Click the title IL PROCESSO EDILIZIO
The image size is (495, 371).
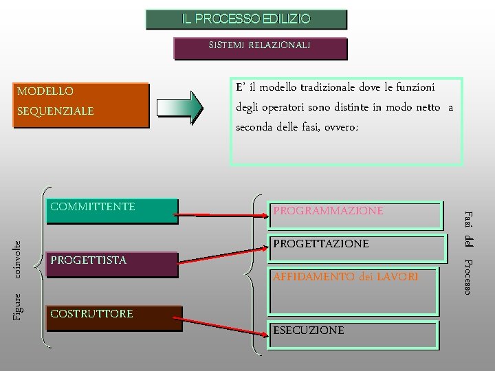[x=246, y=19]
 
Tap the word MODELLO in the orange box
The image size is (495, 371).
[x=45, y=91]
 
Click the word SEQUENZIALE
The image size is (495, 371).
[x=55, y=111]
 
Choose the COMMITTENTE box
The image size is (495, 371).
[x=111, y=211]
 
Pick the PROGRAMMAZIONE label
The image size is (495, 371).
[x=328, y=211]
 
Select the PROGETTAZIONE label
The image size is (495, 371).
[x=321, y=244]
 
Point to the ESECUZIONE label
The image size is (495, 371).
[x=309, y=330]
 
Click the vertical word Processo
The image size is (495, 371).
[x=468, y=278]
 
